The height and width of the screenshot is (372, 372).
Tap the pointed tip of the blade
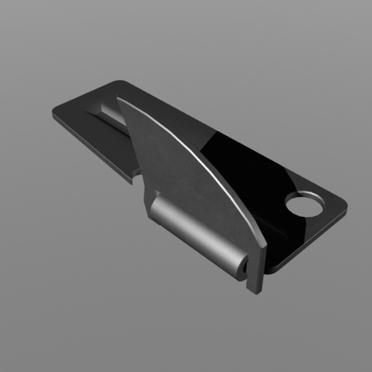118,99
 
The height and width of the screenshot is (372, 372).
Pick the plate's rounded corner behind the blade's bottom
272,270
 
